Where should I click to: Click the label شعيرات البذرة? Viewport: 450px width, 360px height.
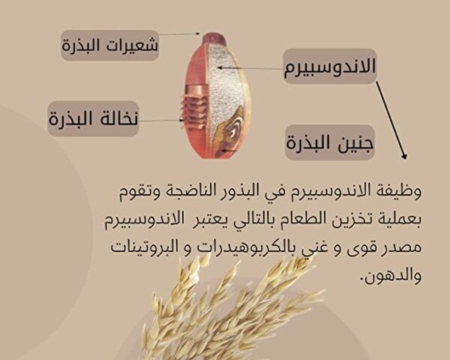(x=110, y=45)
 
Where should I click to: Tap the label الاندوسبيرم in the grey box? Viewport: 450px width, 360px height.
(x=330, y=66)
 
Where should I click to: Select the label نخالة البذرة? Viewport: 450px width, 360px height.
(x=93, y=118)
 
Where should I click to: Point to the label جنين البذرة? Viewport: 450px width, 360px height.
(x=330, y=142)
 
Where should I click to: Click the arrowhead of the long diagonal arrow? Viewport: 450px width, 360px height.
(x=404, y=155)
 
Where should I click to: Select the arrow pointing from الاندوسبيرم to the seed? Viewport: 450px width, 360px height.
(x=250, y=68)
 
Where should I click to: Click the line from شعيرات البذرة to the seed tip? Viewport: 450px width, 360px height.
(x=178, y=34)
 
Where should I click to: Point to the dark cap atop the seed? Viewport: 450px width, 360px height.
(x=214, y=37)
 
